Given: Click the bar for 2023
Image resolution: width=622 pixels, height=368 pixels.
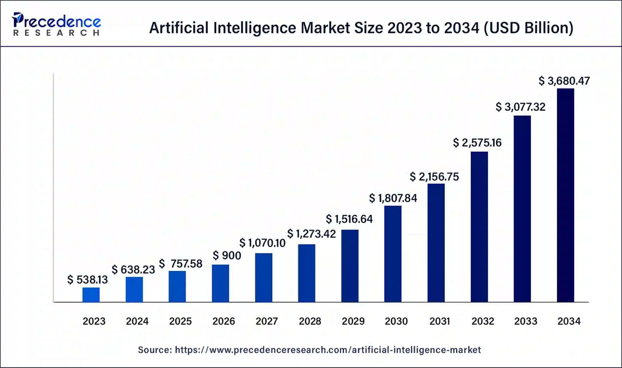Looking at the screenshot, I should pos(91,295).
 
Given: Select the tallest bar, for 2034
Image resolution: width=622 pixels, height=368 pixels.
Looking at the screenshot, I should pos(565,195).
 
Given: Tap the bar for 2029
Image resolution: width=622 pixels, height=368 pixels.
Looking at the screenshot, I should pos(350,266).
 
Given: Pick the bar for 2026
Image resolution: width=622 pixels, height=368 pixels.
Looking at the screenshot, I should pos(220,283).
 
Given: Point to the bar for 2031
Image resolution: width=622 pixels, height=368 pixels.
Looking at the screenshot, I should pos(436,243).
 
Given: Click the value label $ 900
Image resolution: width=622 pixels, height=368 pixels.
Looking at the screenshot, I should pos(227,256).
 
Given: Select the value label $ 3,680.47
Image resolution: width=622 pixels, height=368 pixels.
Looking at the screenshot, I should pos(564,81).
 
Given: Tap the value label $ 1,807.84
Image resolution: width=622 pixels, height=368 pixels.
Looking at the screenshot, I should pos(393,198).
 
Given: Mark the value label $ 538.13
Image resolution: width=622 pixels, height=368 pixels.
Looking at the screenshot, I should pos(88,280).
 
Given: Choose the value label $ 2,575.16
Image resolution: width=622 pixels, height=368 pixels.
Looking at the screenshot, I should pos(477,143).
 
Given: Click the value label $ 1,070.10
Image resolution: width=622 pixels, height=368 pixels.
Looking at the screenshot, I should pos(263,243).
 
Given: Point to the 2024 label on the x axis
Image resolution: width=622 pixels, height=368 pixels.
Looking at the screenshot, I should pos(137,321).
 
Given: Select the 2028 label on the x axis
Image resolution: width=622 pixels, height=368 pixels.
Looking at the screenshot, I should pos(309,321).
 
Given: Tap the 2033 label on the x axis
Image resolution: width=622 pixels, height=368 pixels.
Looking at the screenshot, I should pos(526,321).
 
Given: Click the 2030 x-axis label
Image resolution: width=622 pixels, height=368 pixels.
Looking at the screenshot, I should pos(396,321).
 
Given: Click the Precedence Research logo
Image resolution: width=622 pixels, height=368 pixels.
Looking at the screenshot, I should pos(56,24).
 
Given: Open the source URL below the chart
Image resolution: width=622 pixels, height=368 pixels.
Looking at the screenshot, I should pos(328,350).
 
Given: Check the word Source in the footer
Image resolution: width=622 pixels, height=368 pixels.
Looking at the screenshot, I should pos(154,350).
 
